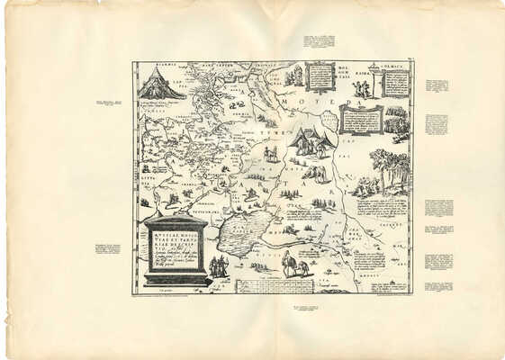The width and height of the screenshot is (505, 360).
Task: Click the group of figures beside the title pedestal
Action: click(x=219, y=266)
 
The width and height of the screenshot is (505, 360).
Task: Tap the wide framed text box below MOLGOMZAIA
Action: click(x=361, y=119)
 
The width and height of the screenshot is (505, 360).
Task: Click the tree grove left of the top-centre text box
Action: click(x=293, y=77)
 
